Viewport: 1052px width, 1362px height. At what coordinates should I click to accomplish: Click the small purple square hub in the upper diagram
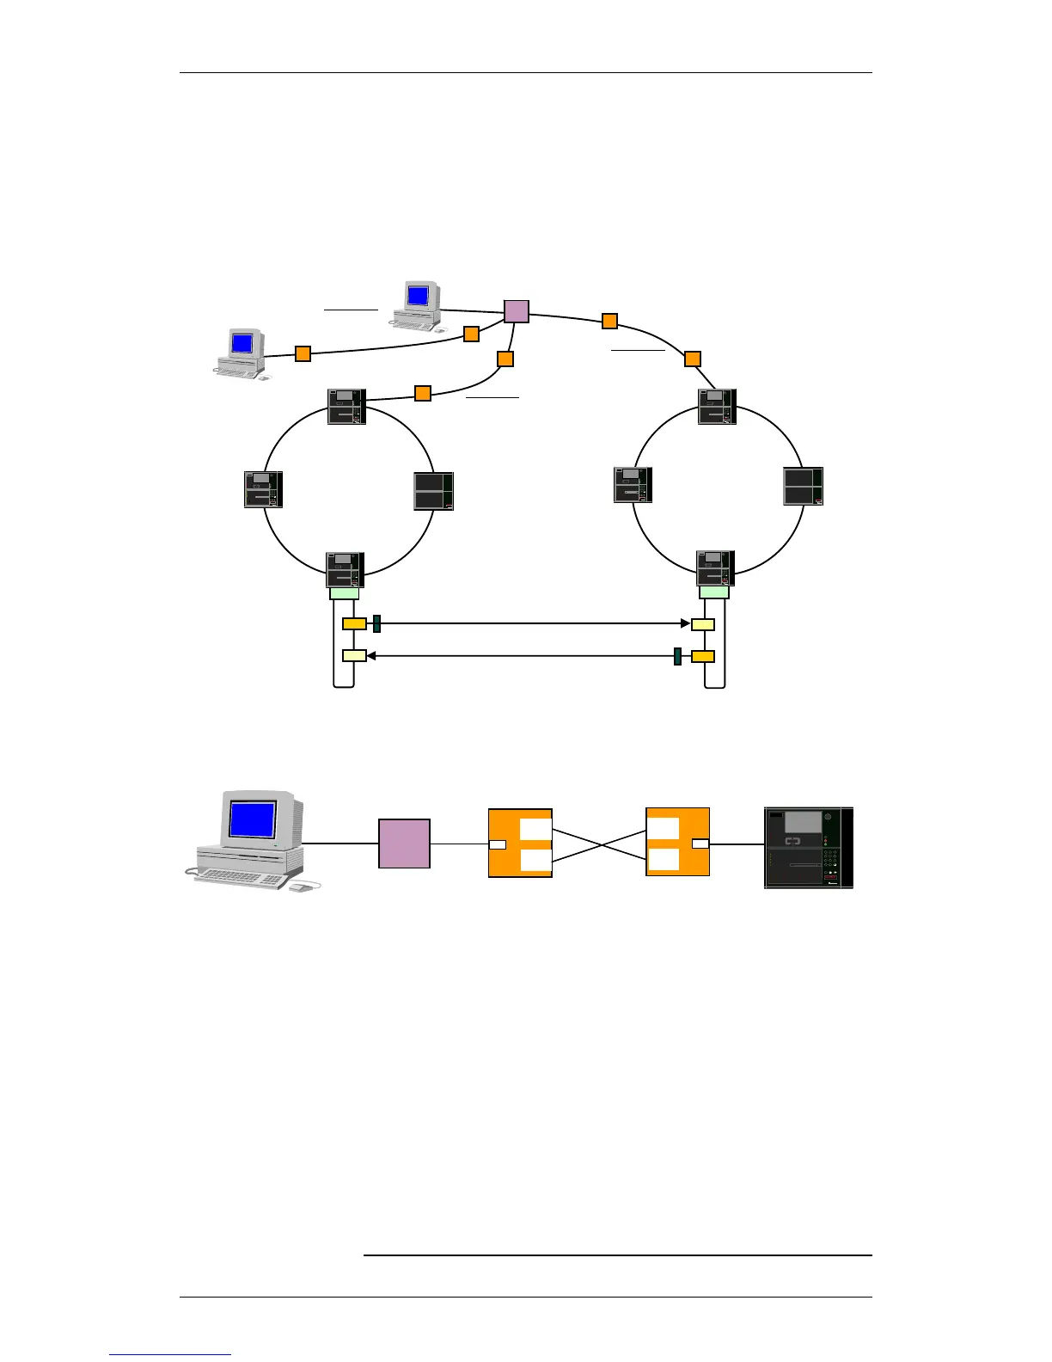[x=516, y=311]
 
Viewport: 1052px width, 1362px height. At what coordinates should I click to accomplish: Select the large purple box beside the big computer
[x=404, y=844]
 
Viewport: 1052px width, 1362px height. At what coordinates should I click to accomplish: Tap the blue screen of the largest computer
[x=253, y=819]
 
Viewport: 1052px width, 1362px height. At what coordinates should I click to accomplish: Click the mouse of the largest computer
[x=300, y=887]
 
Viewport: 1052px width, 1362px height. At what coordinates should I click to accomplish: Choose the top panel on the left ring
[x=347, y=407]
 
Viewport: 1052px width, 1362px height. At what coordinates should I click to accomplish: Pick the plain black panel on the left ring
[x=434, y=491]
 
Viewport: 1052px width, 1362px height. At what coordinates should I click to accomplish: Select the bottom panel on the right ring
[x=715, y=568]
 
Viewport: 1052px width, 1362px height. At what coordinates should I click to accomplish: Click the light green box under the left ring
[x=344, y=592]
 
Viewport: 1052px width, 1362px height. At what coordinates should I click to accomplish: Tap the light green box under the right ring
[x=714, y=592]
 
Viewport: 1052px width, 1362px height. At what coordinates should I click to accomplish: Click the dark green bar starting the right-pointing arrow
[x=376, y=623]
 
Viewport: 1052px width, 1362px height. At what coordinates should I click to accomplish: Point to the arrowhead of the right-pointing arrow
[x=685, y=623]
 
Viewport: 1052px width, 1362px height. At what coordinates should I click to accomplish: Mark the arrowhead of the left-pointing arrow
[x=371, y=656]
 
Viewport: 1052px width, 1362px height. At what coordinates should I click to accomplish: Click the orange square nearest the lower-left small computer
[x=303, y=353]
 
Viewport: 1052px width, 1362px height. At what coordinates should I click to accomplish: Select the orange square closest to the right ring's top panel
[x=692, y=359]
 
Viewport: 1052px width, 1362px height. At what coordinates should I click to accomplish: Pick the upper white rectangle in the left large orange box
[x=535, y=829]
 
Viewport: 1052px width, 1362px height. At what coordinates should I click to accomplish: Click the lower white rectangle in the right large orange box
[x=663, y=860]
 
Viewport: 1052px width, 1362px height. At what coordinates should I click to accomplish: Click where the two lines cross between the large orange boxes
[x=599, y=844]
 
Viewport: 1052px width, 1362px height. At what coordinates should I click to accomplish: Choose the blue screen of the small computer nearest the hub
[x=418, y=296]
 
